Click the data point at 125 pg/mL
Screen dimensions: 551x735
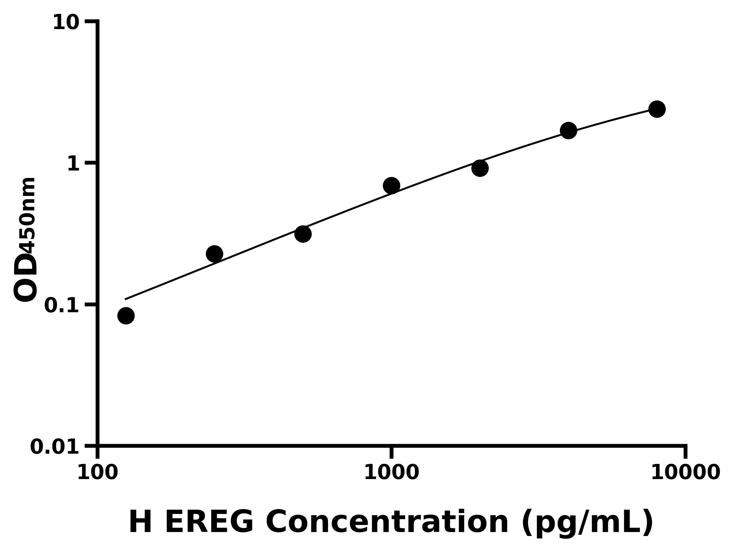point(126,316)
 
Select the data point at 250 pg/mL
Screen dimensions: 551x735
point(214,254)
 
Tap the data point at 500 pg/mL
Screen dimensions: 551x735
point(303,234)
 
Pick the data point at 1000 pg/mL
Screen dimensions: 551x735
point(391,186)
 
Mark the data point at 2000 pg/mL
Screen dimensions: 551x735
point(480,168)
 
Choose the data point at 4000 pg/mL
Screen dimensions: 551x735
point(568,130)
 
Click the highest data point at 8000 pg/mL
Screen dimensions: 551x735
point(657,109)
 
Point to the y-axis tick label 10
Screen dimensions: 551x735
point(66,23)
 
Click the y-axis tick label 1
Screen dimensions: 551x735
point(73,164)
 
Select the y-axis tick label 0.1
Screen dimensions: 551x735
point(62,305)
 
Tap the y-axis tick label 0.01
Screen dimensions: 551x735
point(55,447)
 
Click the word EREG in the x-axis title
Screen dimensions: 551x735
point(209,523)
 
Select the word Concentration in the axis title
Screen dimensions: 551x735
point(387,523)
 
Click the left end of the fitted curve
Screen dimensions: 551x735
point(126,299)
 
